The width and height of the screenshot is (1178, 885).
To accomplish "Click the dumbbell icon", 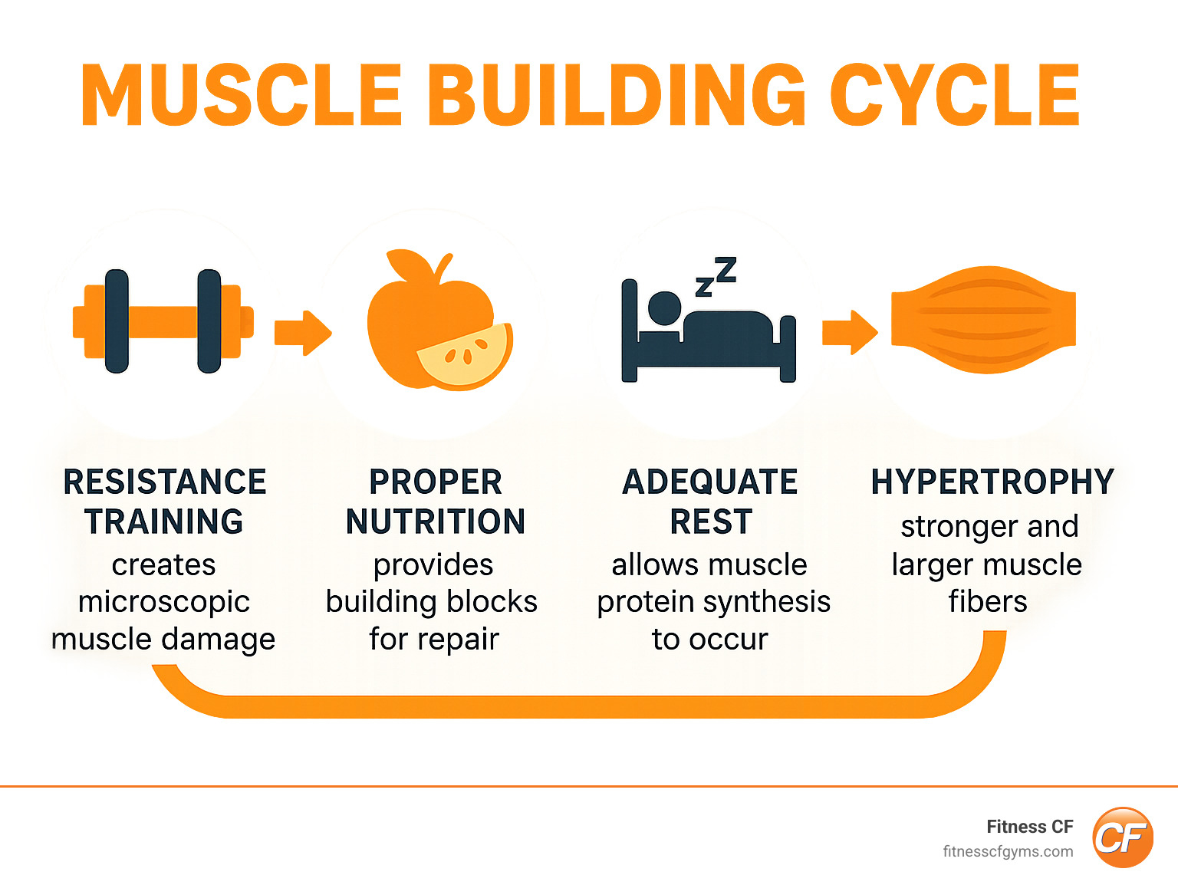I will tap(163, 321).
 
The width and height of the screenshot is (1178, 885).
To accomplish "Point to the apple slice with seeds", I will tap(466, 354).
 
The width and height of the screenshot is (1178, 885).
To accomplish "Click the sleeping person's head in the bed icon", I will tap(664, 308).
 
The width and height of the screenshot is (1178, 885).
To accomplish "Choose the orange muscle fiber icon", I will tap(983, 321).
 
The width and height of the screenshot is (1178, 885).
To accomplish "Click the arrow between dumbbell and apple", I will tap(303, 333).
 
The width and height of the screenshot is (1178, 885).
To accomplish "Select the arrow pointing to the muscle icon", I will tap(850, 333).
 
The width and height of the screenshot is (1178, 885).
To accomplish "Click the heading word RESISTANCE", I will tap(165, 482).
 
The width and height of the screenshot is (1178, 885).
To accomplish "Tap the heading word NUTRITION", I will tap(436, 522).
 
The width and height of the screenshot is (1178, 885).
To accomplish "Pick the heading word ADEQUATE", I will tap(710, 482).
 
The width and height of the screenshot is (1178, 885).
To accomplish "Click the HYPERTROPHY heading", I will tap(992, 482).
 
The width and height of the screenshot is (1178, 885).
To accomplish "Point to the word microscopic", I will tap(164, 602).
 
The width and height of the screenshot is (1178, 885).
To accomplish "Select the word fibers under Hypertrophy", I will tap(988, 602).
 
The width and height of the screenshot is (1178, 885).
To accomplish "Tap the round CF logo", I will tap(1123, 837).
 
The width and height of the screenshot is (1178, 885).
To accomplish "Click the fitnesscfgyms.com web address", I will tap(1008, 851).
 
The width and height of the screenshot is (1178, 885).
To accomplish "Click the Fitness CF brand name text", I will tap(1029, 827).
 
